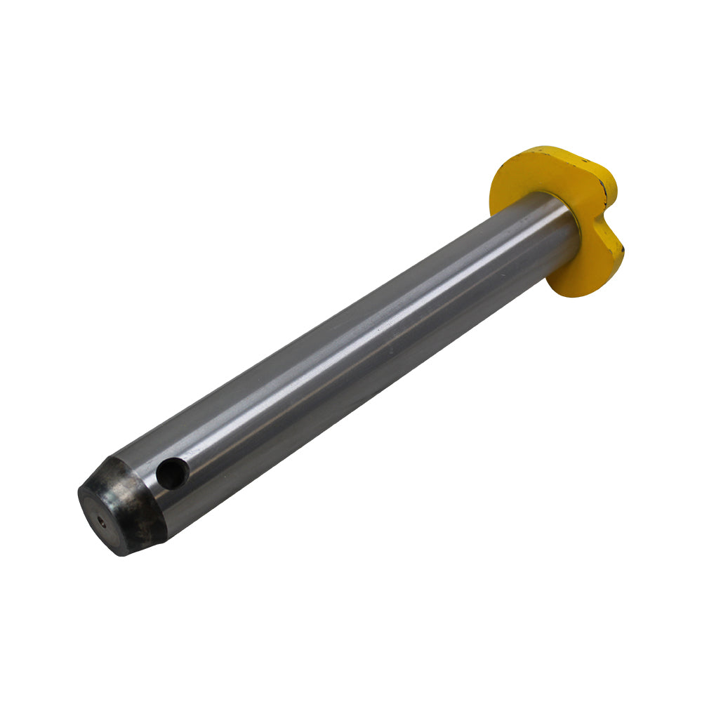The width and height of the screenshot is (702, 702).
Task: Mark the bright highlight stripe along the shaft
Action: (x=351, y=344)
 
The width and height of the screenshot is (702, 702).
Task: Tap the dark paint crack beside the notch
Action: (x=602, y=188)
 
